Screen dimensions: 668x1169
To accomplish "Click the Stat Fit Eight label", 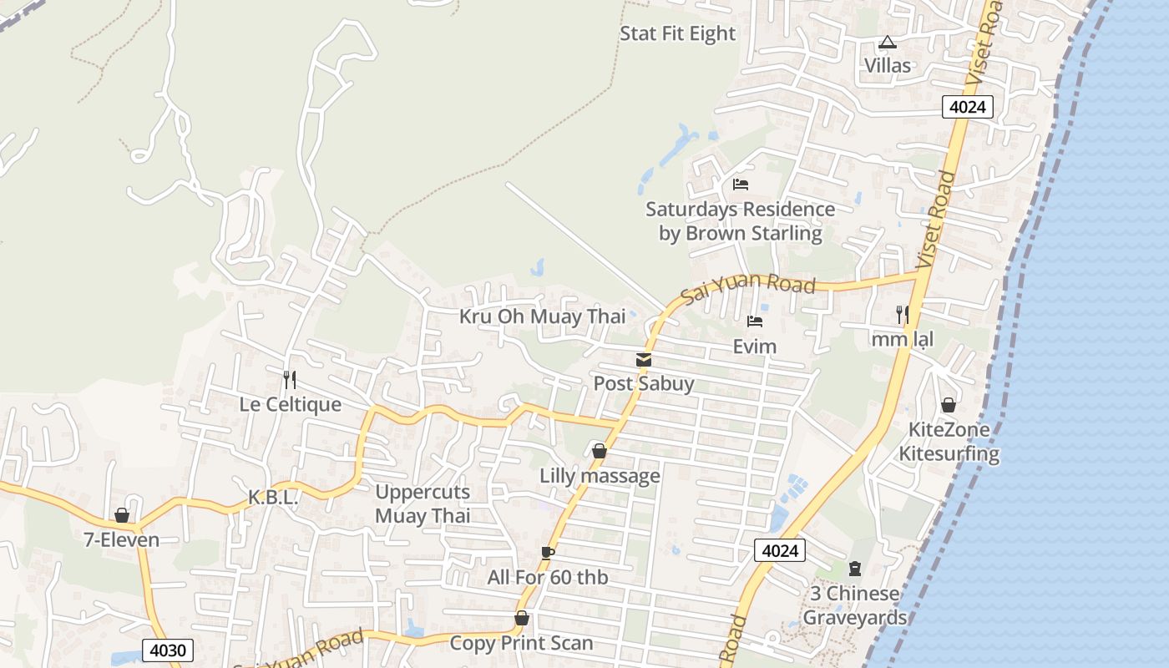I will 677,34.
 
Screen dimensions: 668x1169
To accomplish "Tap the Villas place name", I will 887,65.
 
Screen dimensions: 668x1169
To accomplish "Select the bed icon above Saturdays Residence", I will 740,185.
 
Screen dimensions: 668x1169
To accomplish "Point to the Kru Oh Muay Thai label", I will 542,316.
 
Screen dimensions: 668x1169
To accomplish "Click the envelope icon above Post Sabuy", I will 643,360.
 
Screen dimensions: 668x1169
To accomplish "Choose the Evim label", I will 754,346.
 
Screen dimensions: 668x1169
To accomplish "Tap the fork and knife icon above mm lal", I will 902,315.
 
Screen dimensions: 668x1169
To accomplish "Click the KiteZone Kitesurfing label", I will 949,442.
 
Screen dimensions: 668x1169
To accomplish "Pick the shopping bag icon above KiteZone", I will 949,405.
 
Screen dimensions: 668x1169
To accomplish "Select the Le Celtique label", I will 290,404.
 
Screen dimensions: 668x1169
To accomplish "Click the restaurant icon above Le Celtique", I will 289,380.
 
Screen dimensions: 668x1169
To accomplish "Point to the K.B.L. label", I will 273,497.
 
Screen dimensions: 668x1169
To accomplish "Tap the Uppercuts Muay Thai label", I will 423,504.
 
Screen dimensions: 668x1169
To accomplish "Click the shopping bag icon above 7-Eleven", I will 122,515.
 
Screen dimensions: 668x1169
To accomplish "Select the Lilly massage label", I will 600,476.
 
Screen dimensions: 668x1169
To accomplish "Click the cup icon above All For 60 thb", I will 547,553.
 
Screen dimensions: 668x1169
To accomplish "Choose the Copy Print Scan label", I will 521,643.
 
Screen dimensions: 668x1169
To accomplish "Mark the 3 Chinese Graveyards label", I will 855,605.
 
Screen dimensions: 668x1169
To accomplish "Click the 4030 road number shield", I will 168,650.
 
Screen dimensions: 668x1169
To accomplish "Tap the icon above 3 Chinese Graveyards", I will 854,569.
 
